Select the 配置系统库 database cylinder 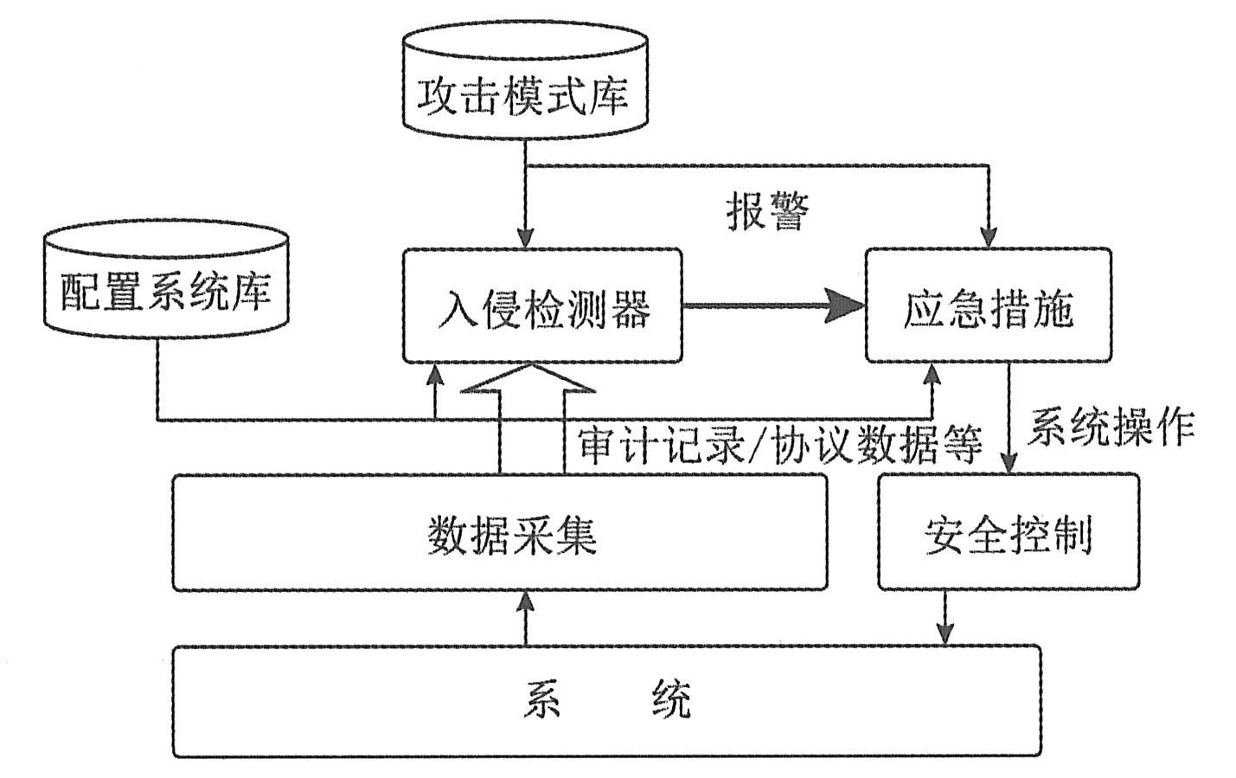click(165, 279)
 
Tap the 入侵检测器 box click(542, 305)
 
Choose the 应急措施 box click(988, 305)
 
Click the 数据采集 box click(499, 532)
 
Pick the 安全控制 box click(1008, 532)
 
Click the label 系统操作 click(1111, 427)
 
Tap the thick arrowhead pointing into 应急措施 click(845, 305)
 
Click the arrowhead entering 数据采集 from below click(525, 602)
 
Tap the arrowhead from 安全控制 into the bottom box click(945, 633)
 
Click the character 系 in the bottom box click(542, 699)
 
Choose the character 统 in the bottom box click(671, 699)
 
